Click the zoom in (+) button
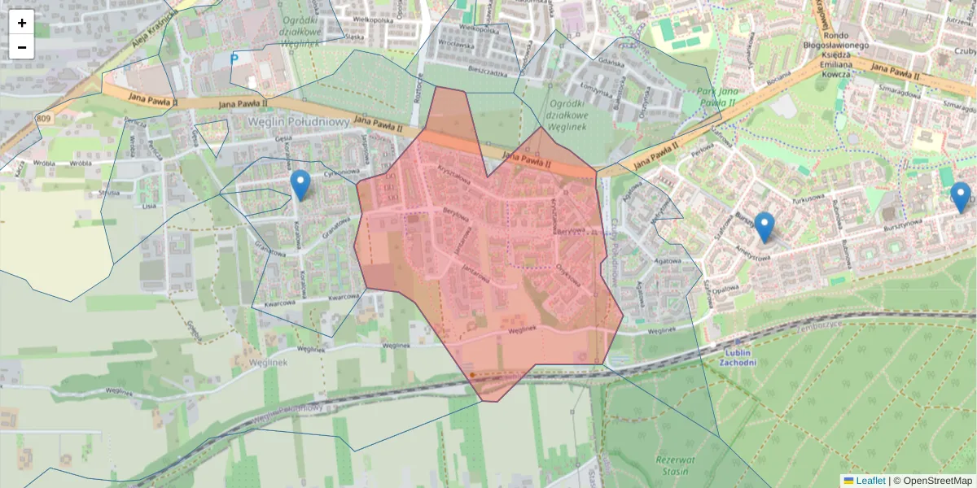22,23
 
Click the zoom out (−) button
22,47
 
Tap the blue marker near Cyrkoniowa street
300,185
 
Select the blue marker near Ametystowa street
764,227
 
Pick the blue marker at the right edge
961,198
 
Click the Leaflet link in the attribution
870,481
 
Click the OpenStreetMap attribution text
937,481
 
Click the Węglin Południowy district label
299,121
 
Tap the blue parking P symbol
234,59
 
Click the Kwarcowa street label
344,297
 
